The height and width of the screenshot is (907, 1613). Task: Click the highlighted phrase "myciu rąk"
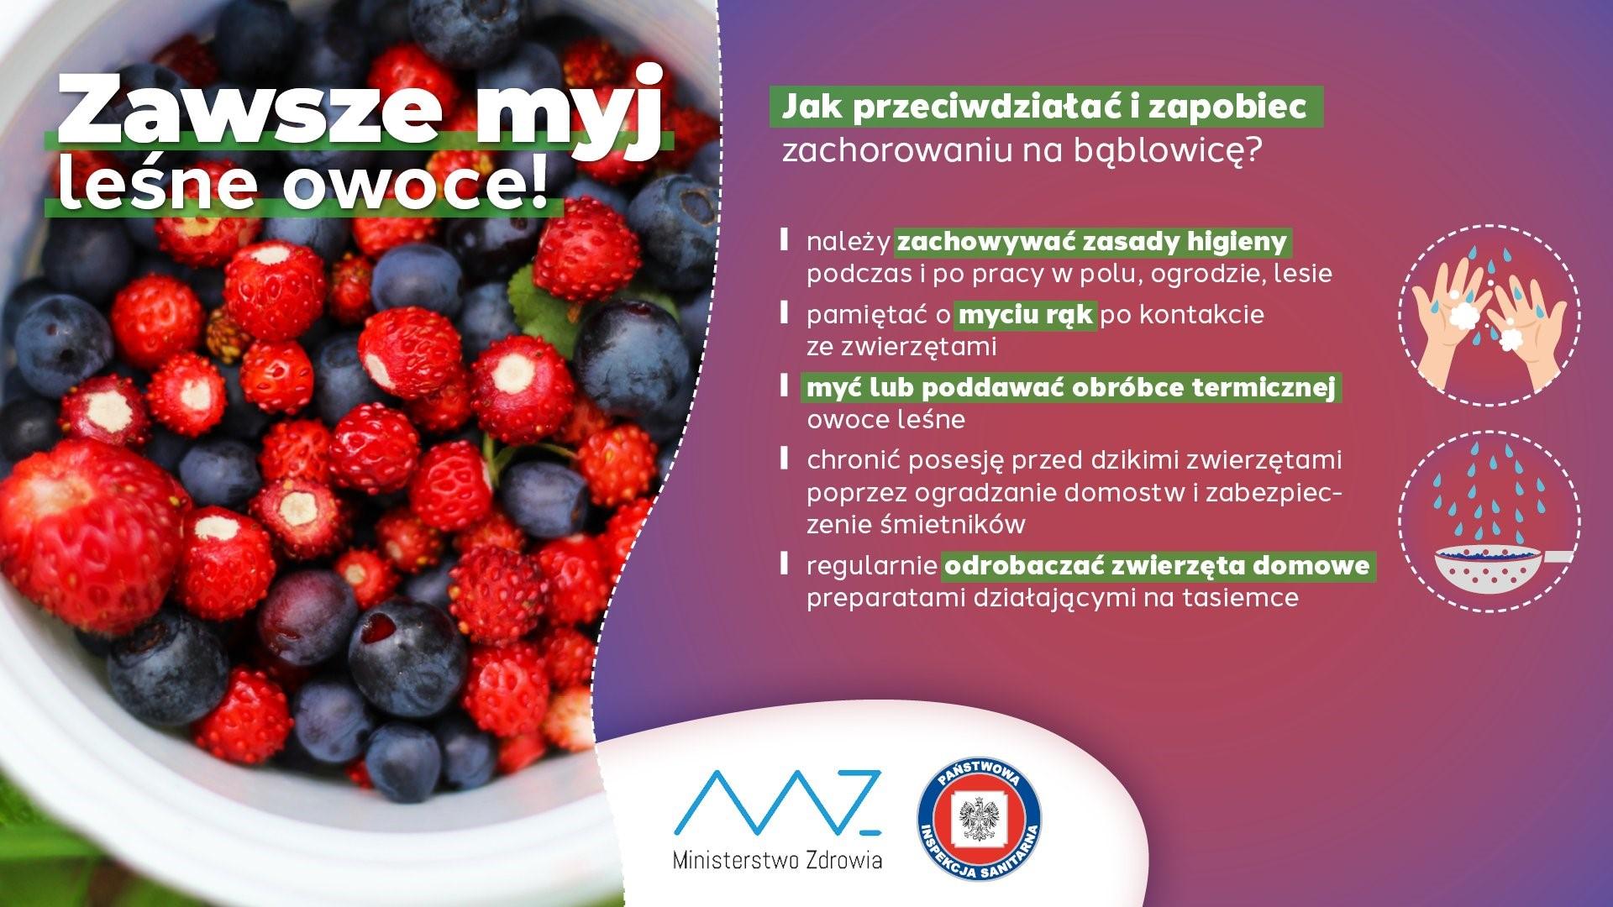[1026, 315]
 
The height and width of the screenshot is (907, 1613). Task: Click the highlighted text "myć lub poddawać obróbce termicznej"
[1071, 388]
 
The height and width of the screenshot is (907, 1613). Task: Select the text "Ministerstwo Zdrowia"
[778, 861]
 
